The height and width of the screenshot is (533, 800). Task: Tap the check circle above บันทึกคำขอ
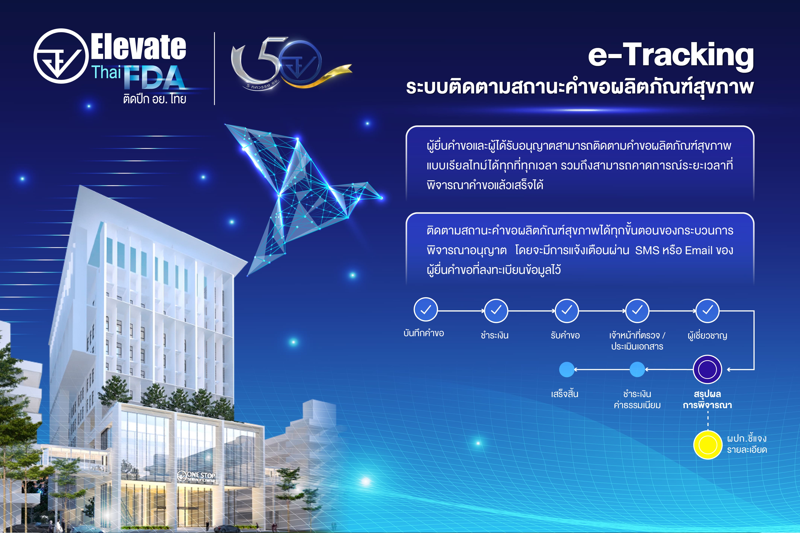[x=426, y=309]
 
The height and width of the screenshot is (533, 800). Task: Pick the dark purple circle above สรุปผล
[x=707, y=369]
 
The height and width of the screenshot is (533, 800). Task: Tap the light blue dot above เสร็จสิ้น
[x=567, y=369]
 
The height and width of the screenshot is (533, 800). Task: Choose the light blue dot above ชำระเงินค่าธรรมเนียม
[x=637, y=369]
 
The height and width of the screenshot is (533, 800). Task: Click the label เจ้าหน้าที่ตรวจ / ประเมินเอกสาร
[x=637, y=341]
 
